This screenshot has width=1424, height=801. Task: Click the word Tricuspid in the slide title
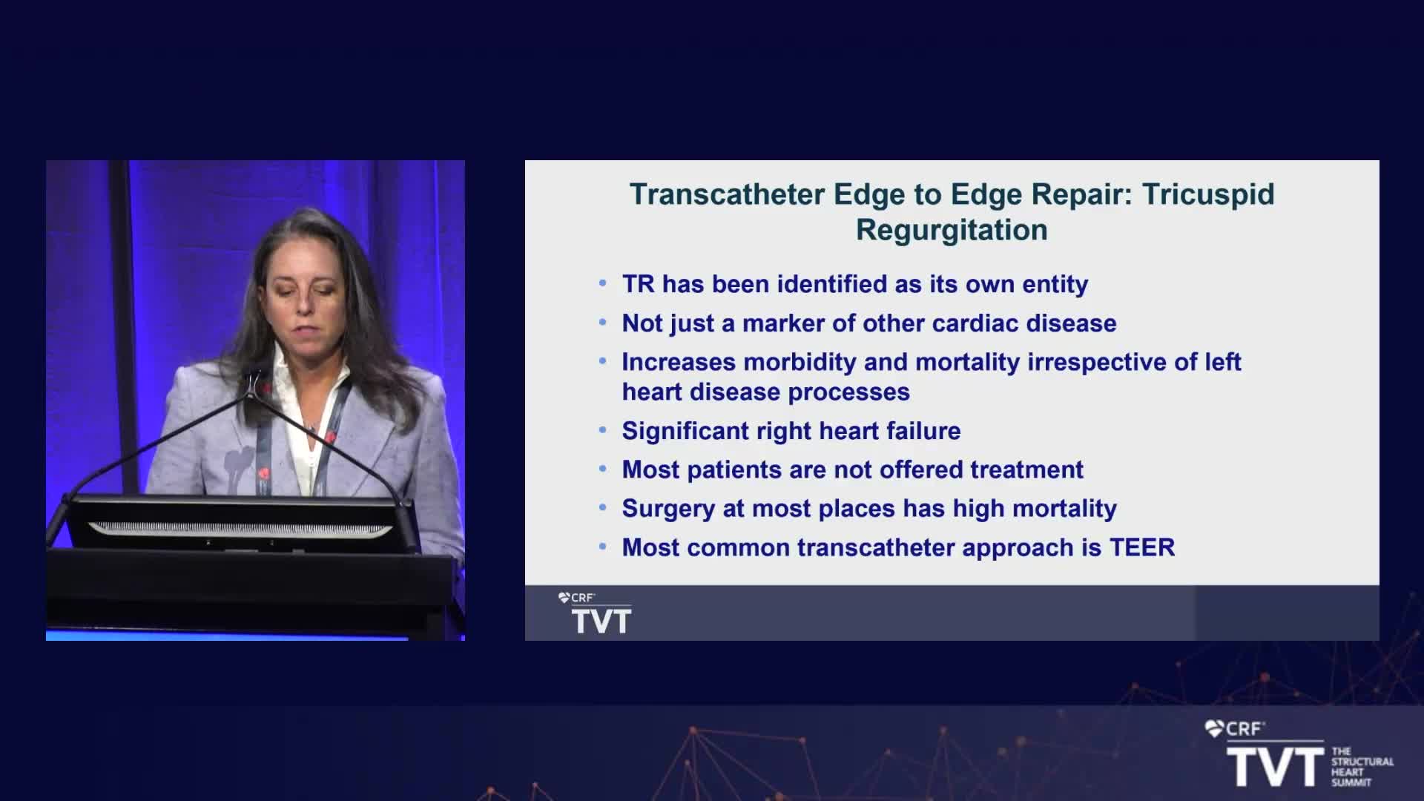(1208, 194)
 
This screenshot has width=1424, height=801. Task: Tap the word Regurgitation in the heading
(952, 231)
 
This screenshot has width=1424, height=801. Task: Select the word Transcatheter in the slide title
(727, 194)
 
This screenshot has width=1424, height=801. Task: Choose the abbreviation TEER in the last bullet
(1142, 547)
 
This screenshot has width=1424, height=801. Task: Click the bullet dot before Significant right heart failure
(603, 430)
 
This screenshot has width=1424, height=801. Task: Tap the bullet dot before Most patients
(603, 469)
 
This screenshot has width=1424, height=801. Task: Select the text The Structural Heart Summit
(1362, 767)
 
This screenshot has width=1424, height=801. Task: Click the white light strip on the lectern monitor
(240, 529)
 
